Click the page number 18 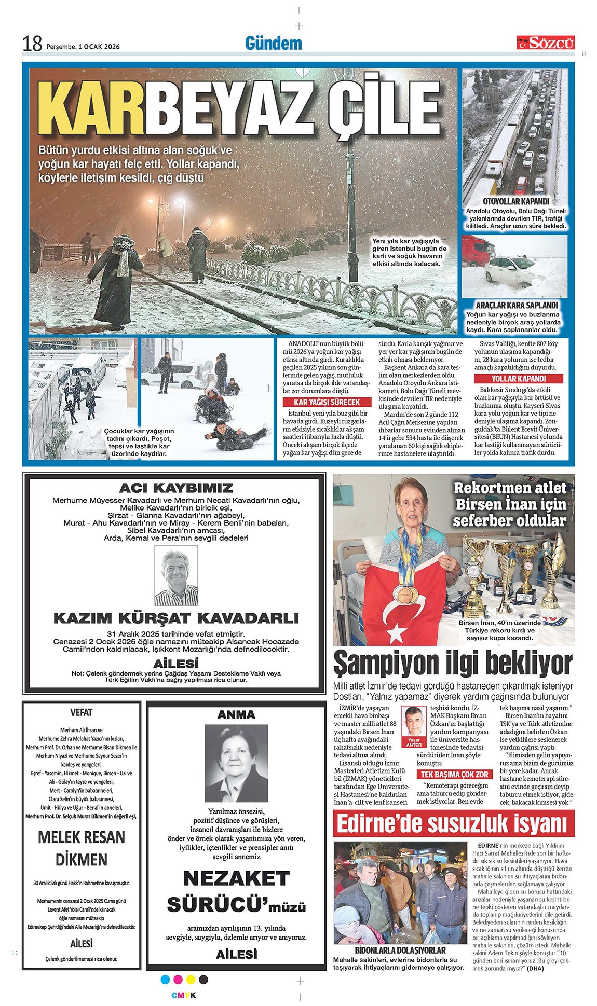[x=32, y=44]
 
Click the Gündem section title [x=273, y=44]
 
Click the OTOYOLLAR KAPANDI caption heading [x=515, y=201]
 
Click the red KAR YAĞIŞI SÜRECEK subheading [x=320, y=402]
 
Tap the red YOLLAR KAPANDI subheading [x=519, y=379]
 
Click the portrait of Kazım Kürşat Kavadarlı [x=176, y=575]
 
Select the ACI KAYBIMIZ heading [x=176, y=488]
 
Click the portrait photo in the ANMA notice [x=236, y=763]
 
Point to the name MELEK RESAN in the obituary [x=82, y=837]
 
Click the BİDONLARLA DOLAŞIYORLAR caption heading [x=400, y=950]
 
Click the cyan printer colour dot [x=166, y=979]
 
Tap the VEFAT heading [x=82, y=712]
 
